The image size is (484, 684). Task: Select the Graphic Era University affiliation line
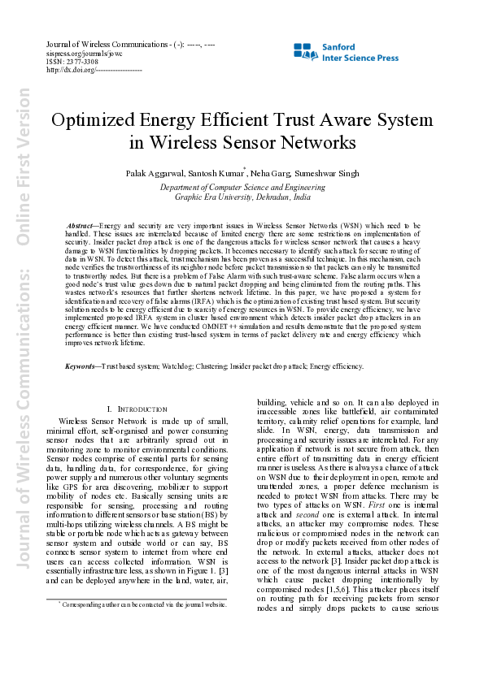pyautogui.click(x=242, y=197)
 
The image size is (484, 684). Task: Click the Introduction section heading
pyautogui.click(x=136, y=407)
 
